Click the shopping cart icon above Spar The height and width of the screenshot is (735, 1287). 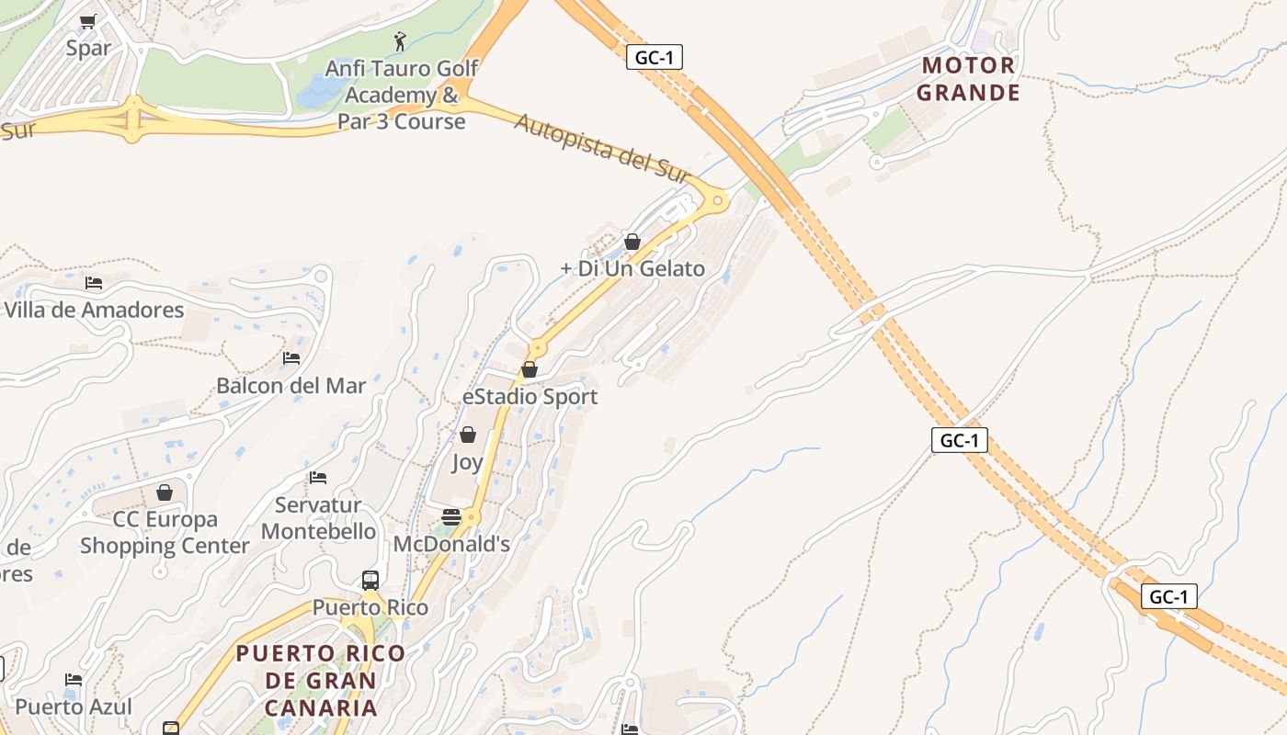[88, 21]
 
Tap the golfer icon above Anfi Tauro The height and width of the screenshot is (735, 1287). [399, 41]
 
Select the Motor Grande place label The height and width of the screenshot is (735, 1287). [968, 79]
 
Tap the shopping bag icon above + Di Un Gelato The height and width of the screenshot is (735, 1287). [632, 242]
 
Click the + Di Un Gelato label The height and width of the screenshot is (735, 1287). [632, 268]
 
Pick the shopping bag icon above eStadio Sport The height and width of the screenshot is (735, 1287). [530, 369]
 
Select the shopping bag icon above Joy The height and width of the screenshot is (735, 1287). [468, 435]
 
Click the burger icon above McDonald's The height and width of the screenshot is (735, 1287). [450, 517]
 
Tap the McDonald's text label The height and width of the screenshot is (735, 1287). [451, 544]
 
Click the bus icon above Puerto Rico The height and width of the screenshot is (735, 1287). [370, 581]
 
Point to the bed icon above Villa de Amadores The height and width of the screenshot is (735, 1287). [94, 283]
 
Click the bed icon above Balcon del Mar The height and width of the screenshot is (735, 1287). [291, 358]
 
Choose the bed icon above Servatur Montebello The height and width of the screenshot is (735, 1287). [318, 478]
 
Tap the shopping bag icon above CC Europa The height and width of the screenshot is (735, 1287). [165, 493]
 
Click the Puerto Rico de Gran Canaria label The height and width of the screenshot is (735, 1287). [321, 680]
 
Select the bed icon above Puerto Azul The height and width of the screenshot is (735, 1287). [74, 680]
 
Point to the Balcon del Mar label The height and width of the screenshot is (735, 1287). [290, 386]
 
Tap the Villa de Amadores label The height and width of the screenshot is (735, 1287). [94, 310]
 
